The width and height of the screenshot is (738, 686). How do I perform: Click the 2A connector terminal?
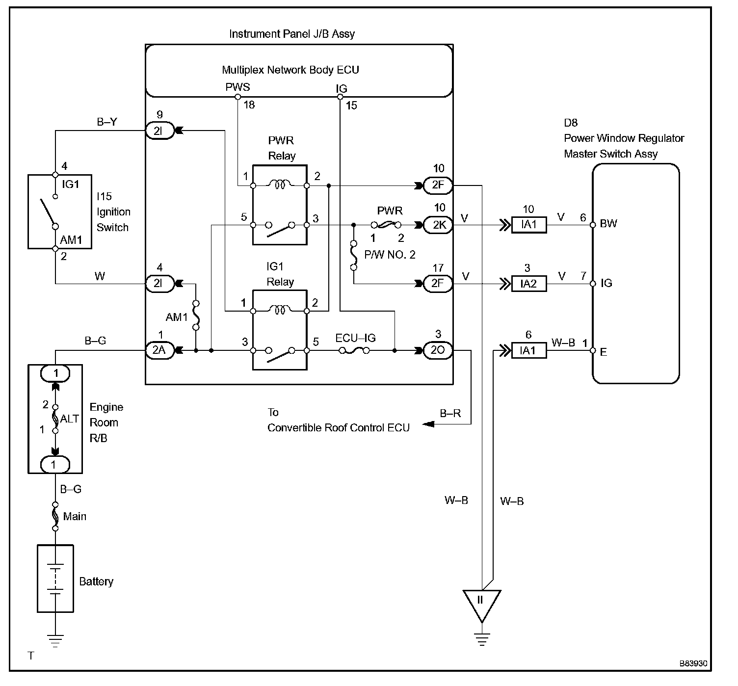pos(159,350)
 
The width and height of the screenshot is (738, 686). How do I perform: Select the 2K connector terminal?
pos(439,225)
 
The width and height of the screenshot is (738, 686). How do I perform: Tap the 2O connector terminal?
pos(439,350)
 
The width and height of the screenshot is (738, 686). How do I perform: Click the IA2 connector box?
pos(529,284)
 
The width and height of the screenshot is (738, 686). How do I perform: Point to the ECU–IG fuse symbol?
pos(354,350)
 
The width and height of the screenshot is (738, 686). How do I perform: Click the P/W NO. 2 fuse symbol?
pos(354,255)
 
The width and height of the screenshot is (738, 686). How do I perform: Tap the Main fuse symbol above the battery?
pos(55,516)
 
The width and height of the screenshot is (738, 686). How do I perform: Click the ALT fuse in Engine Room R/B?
pos(55,419)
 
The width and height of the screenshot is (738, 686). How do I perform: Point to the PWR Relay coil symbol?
pos(280,185)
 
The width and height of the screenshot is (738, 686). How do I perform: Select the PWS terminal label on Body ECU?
pos(238,87)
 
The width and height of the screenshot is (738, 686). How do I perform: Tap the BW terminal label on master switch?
pos(608,223)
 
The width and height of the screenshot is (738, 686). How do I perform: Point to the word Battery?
pos(96,581)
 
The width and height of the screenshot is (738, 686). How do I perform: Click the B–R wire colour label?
pos(450,413)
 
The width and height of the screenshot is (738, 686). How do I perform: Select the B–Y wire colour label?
pos(107,122)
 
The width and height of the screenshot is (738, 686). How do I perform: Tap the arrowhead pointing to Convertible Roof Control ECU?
pos(428,424)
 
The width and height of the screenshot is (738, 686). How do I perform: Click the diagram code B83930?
pos(693,664)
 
